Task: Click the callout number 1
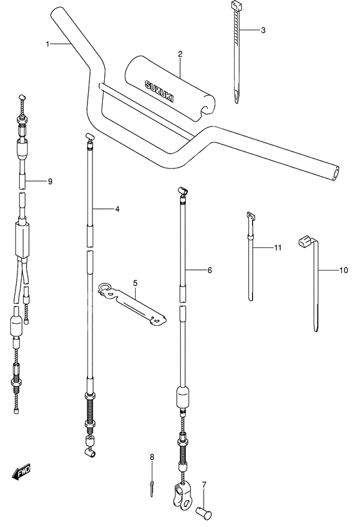tap(48, 44)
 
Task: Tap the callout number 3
tap(262, 30)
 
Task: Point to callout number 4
tap(118, 209)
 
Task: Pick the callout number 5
tap(136, 282)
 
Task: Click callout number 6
tap(209, 271)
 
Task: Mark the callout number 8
tap(152, 457)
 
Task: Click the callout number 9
tap(50, 181)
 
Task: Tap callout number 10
tap(343, 271)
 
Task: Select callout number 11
tap(278, 247)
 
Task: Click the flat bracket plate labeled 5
tap(131, 302)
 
